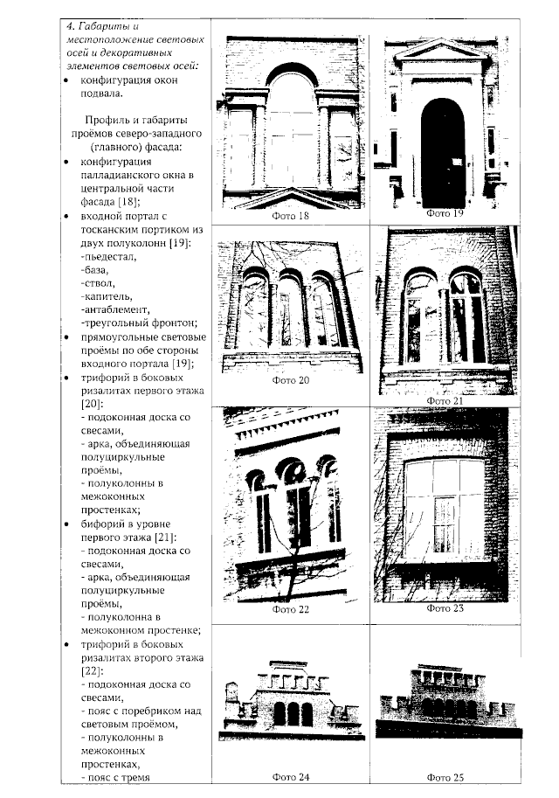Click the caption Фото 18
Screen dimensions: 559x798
(291, 215)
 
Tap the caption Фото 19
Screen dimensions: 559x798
(445, 212)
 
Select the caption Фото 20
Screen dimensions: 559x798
(291, 380)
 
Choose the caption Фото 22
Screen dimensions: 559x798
(291, 610)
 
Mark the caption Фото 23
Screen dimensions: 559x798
(445, 608)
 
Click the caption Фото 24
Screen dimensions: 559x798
(291, 776)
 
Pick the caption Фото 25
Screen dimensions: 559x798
(445, 776)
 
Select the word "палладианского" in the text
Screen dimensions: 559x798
(122, 175)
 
